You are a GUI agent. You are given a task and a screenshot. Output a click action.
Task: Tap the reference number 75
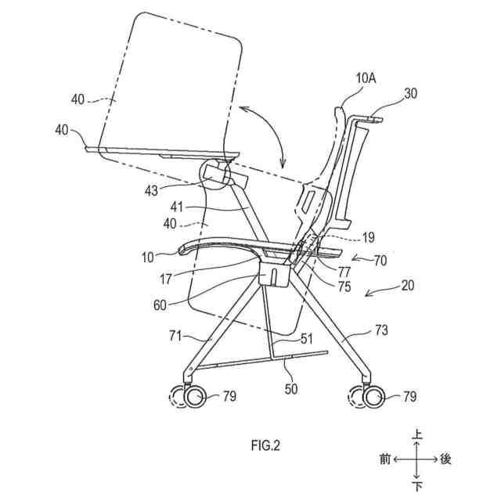[x=344, y=287]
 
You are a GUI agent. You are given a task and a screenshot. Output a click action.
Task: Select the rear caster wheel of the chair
[x=371, y=398]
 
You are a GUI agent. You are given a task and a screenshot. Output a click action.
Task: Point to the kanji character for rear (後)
[x=445, y=460]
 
